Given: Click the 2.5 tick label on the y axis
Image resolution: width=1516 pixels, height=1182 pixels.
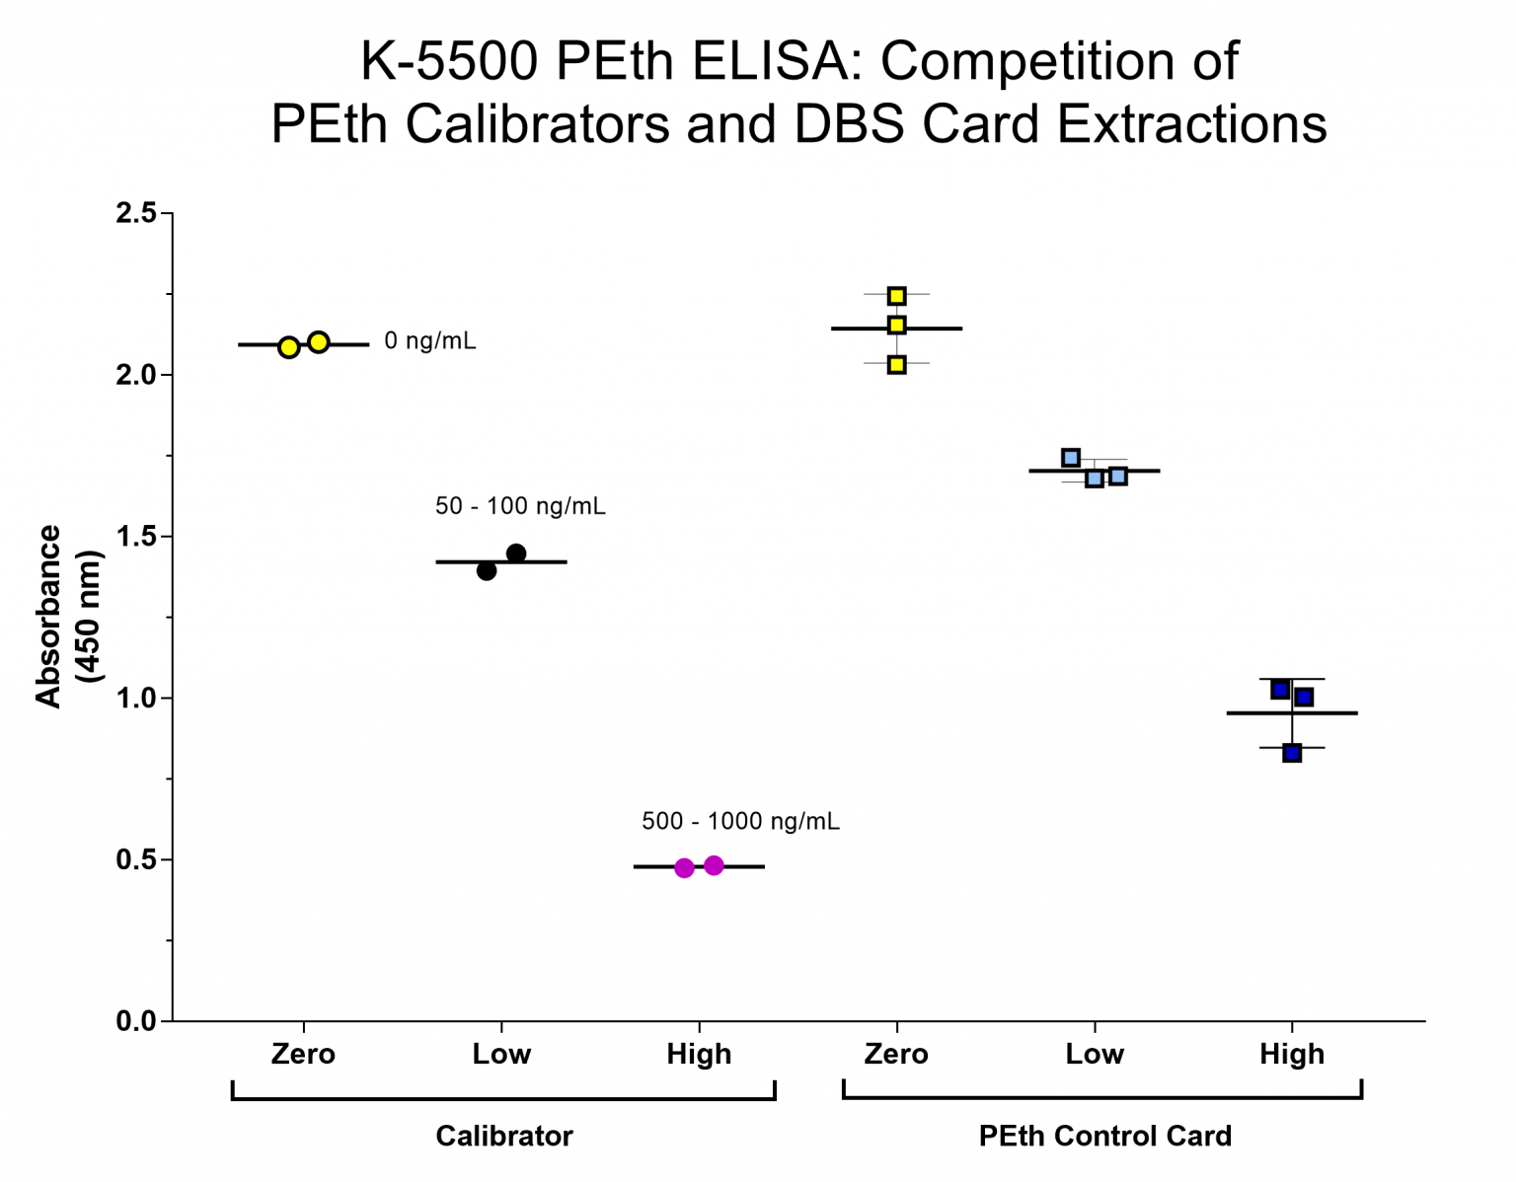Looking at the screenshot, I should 136,213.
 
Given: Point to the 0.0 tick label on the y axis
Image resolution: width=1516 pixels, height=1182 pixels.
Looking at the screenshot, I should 136,1021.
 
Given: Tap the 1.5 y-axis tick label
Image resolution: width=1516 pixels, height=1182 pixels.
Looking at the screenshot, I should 136,537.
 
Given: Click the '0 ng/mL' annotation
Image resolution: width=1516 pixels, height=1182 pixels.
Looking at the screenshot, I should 429,341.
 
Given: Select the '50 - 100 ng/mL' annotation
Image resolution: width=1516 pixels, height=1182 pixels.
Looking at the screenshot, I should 520,506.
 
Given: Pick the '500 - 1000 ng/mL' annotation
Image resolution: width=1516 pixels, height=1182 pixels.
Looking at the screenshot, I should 740,821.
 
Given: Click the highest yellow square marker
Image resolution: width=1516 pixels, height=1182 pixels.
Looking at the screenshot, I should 896,296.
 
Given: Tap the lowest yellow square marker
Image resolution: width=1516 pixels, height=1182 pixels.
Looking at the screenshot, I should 896,365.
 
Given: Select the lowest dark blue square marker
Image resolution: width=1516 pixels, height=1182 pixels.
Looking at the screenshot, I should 1292,753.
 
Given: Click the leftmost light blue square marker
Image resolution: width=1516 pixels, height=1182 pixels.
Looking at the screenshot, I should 1071,458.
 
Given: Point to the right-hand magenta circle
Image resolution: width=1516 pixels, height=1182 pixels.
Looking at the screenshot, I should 714,865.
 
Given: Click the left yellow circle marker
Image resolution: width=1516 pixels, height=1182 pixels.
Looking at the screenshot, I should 288,347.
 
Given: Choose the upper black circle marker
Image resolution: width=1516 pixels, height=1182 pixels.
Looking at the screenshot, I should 516,554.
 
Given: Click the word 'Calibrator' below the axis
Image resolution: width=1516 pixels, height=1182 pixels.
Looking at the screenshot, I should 503,1136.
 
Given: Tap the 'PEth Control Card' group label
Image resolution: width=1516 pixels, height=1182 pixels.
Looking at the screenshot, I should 1104,1136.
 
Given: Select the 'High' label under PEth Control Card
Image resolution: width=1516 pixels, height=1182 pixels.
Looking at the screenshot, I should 1291,1054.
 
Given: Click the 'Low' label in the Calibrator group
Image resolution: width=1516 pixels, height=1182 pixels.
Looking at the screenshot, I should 501,1054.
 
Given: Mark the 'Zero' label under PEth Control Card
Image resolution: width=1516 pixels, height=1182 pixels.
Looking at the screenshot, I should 896,1054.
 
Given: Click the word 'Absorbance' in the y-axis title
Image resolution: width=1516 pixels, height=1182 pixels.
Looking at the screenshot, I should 48,616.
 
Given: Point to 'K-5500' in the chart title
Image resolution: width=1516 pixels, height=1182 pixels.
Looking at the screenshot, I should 449,61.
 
